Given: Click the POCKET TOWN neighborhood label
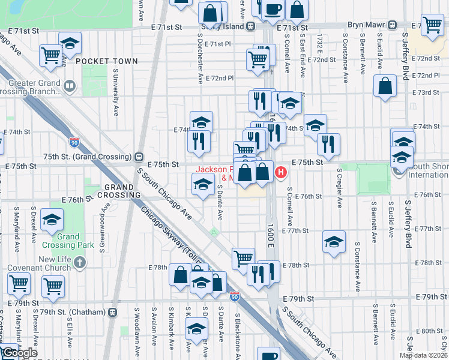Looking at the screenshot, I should [x=107, y=61].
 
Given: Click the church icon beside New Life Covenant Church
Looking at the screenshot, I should [x=80, y=263].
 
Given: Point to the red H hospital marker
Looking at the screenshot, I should [x=280, y=173].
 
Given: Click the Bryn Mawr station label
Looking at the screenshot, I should [x=366, y=26].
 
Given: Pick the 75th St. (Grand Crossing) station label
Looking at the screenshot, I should [x=89, y=155].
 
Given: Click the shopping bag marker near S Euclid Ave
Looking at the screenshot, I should [x=384, y=85].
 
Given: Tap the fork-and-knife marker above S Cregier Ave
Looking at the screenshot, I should [x=328, y=143].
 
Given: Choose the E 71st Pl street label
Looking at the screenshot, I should [x=217, y=44].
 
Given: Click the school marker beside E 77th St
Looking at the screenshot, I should [x=334, y=242].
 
